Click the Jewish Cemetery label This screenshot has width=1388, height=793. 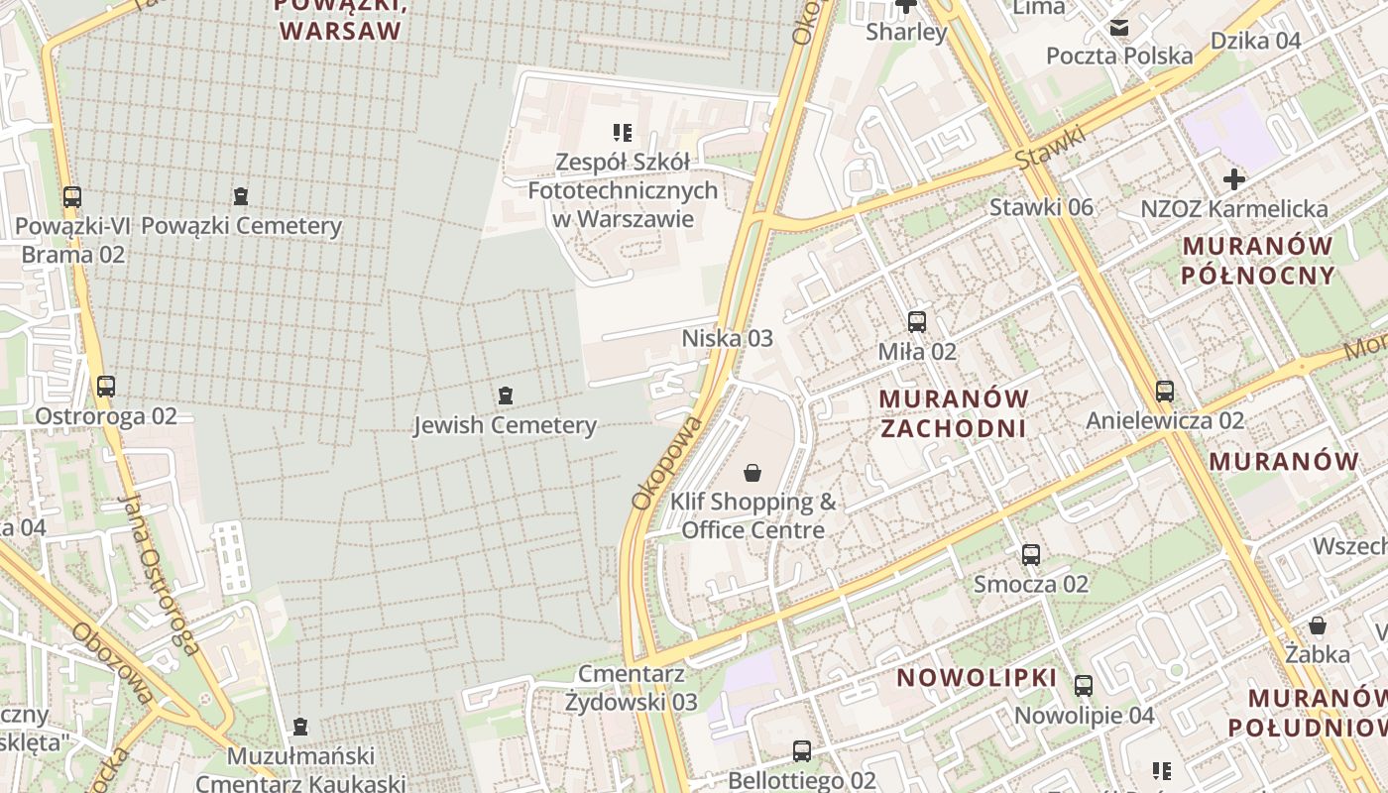pyautogui.click(x=505, y=425)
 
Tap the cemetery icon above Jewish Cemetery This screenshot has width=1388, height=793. pyautogui.click(x=506, y=396)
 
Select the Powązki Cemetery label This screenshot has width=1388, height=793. pyautogui.click(x=241, y=225)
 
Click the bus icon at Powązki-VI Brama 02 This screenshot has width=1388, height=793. pyautogui.click(x=72, y=196)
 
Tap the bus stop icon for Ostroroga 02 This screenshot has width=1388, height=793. pyautogui.click(x=105, y=387)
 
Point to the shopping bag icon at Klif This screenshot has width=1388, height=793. pyautogui.click(x=752, y=473)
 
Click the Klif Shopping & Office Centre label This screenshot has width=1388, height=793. pyautogui.click(x=752, y=515)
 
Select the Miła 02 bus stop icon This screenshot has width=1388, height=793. pyautogui.click(x=917, y=321)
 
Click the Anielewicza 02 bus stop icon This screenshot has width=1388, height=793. pyautogui.click(x=1165, y=391)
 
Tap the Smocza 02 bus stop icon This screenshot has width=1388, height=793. pyautogui.click(x=1031, y=554)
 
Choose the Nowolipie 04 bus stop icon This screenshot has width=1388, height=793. pyautogui.click(x=1084, y=685)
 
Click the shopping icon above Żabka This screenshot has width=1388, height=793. pyautogui.click(x=1318, y=625)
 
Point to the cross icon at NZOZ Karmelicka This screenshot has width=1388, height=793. pyautogui.click(x=1234, y=179)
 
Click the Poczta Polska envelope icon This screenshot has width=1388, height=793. pyautogui.click(x=1119, y=28)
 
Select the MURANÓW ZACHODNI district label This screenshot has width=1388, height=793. pyautogui.click(x=954, y=413)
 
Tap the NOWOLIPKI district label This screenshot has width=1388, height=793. pyautogui.click(x=977, y=678)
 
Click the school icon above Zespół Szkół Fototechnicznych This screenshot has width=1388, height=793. pyautogui.click(x=623, y=132)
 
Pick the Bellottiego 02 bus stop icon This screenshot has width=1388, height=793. pyautogui.click(x=802, y=751)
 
